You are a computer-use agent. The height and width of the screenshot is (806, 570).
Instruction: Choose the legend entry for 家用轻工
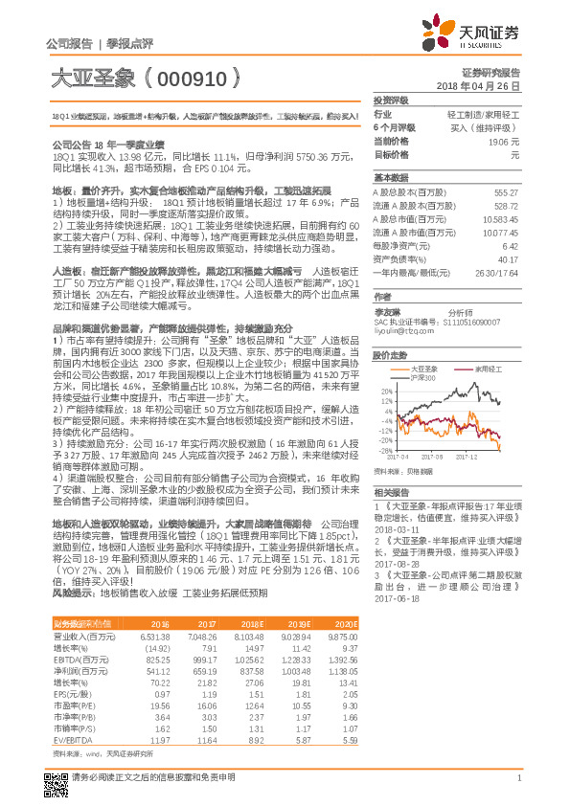click(x=489, y=367)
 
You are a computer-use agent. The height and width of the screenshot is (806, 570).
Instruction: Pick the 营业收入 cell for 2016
click(x=156, y=635)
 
